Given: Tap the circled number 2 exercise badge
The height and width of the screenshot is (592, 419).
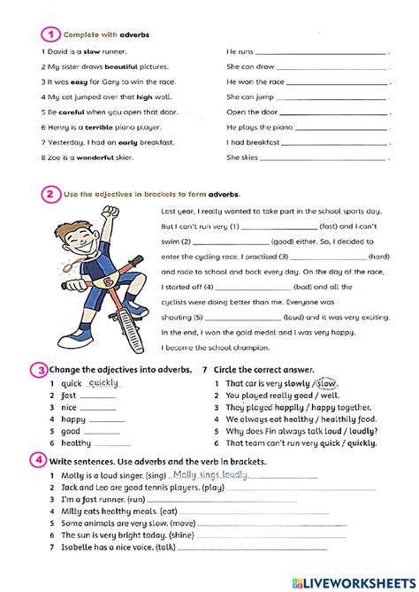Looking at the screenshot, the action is [50, 193].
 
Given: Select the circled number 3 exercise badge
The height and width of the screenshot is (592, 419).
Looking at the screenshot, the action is [40, 369].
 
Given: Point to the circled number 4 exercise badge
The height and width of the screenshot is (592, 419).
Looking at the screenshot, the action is [40, 460].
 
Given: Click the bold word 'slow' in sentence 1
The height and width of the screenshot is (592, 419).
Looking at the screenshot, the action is [92, 51].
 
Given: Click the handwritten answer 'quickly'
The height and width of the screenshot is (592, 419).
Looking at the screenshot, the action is [103, 382].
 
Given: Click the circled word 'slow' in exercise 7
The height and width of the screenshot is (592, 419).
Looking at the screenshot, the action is [327, 383].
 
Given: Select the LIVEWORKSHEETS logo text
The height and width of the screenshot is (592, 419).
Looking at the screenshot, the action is [363, 580].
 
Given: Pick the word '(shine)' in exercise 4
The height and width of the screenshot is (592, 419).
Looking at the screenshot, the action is [182, 534].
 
